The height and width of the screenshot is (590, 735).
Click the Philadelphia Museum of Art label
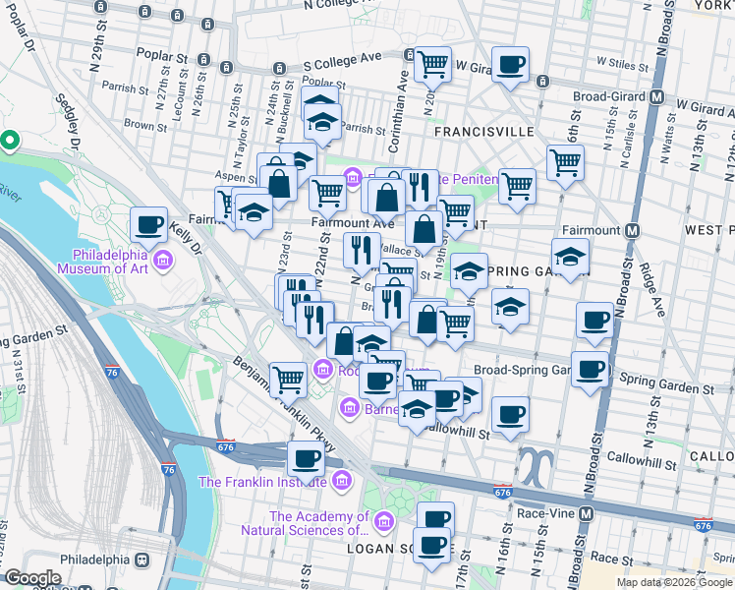103,260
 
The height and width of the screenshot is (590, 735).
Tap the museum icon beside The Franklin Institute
341,481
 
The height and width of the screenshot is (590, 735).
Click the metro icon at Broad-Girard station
658,98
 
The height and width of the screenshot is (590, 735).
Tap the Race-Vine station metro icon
587,513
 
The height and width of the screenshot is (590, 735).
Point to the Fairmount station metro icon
633,230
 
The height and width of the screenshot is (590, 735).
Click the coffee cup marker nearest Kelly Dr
149,225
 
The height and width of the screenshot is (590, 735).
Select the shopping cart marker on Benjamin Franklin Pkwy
288,378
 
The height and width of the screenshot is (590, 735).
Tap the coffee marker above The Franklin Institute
307,458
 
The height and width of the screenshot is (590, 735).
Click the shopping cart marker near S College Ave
431,64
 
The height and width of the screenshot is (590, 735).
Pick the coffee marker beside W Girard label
509,64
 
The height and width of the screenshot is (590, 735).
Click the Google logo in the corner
32,578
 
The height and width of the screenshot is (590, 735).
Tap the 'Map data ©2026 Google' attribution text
674,582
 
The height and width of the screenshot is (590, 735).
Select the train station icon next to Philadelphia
141,560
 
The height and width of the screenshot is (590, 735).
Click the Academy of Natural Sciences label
319,523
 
